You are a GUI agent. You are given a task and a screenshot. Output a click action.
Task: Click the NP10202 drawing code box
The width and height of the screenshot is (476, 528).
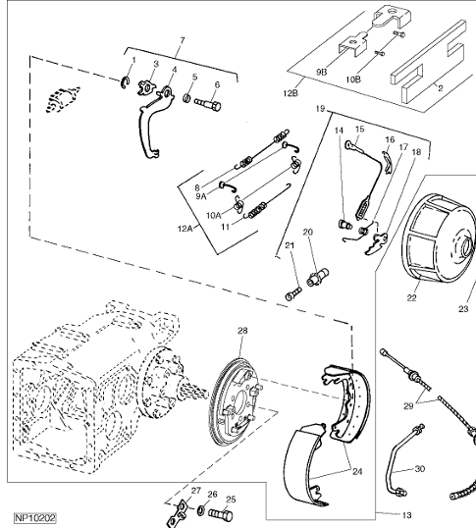point(35,517)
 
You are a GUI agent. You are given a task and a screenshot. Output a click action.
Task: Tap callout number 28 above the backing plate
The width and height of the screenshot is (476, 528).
point(242,331)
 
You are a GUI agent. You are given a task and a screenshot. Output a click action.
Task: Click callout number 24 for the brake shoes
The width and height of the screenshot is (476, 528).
point(357,472)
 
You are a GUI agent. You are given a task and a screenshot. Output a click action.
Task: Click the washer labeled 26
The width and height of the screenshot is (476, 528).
point(201,509)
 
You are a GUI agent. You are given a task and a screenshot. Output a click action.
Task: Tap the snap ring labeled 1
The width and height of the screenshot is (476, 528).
point(126,83)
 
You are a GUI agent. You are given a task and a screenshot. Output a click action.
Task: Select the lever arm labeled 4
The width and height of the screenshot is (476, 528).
point(155,123)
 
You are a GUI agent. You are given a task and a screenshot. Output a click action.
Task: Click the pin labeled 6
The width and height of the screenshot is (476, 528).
point(207,104)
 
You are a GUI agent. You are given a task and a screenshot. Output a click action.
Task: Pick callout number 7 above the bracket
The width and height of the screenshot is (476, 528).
point(183,40)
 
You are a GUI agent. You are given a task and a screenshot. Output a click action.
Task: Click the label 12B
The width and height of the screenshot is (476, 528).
point(291,92)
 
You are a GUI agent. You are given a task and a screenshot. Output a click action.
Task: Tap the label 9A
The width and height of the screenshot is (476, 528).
point(201,196)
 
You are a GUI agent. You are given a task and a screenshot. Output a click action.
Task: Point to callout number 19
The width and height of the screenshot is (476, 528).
point(320,109)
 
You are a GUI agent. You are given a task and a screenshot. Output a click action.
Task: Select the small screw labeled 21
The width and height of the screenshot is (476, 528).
point(293,293)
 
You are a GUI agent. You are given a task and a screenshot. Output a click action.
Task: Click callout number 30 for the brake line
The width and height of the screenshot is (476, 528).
point(420,469)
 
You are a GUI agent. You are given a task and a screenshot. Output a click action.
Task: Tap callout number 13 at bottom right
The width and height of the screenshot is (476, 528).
point(406,515)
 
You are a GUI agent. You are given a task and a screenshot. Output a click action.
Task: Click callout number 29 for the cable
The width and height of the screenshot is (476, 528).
point(408,406)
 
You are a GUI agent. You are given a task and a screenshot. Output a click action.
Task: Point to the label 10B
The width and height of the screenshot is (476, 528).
point(353,79)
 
